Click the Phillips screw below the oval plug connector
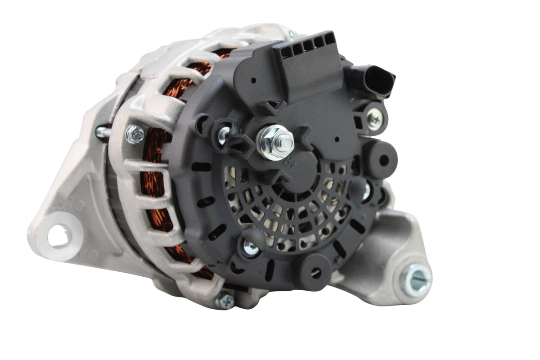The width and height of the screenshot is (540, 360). (x=374, y=119)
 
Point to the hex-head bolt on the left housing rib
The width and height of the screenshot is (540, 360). (x=135, y=134)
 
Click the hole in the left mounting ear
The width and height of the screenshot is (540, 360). (x=59, y=236)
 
